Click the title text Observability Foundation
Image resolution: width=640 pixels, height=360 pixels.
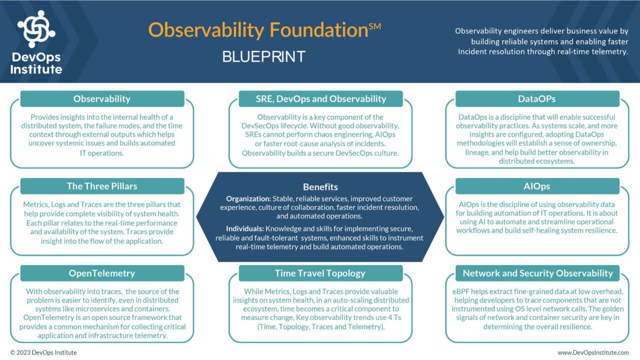click(x=258, y=30)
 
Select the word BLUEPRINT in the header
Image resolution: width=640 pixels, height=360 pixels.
click(x=263, y=56)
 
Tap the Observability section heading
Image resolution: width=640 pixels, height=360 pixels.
click(x=102, y=99)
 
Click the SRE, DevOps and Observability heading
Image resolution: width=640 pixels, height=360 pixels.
click(x=320, y=99)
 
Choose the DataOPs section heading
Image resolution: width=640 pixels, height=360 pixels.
click(x=537, y=99)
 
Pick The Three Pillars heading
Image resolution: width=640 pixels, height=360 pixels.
click(x=102, y=186)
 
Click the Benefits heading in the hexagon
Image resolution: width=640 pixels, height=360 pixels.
click(x=320, y=187)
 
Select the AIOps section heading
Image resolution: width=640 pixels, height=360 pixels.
click(x=537, y=186)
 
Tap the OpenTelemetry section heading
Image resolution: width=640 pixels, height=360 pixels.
click(x=102, y=273)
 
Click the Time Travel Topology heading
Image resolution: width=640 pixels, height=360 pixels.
click(x=320, y=273)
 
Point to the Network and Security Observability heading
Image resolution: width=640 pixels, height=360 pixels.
click(x=537, y=273)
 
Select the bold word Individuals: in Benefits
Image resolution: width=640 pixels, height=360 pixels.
click(x=245, y=229)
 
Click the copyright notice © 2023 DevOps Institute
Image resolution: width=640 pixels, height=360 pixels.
click(x=43, y=352)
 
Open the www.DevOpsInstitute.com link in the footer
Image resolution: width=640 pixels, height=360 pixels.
click(x=593, y=352)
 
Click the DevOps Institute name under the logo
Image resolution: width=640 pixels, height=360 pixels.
click(x=36, y=63)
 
